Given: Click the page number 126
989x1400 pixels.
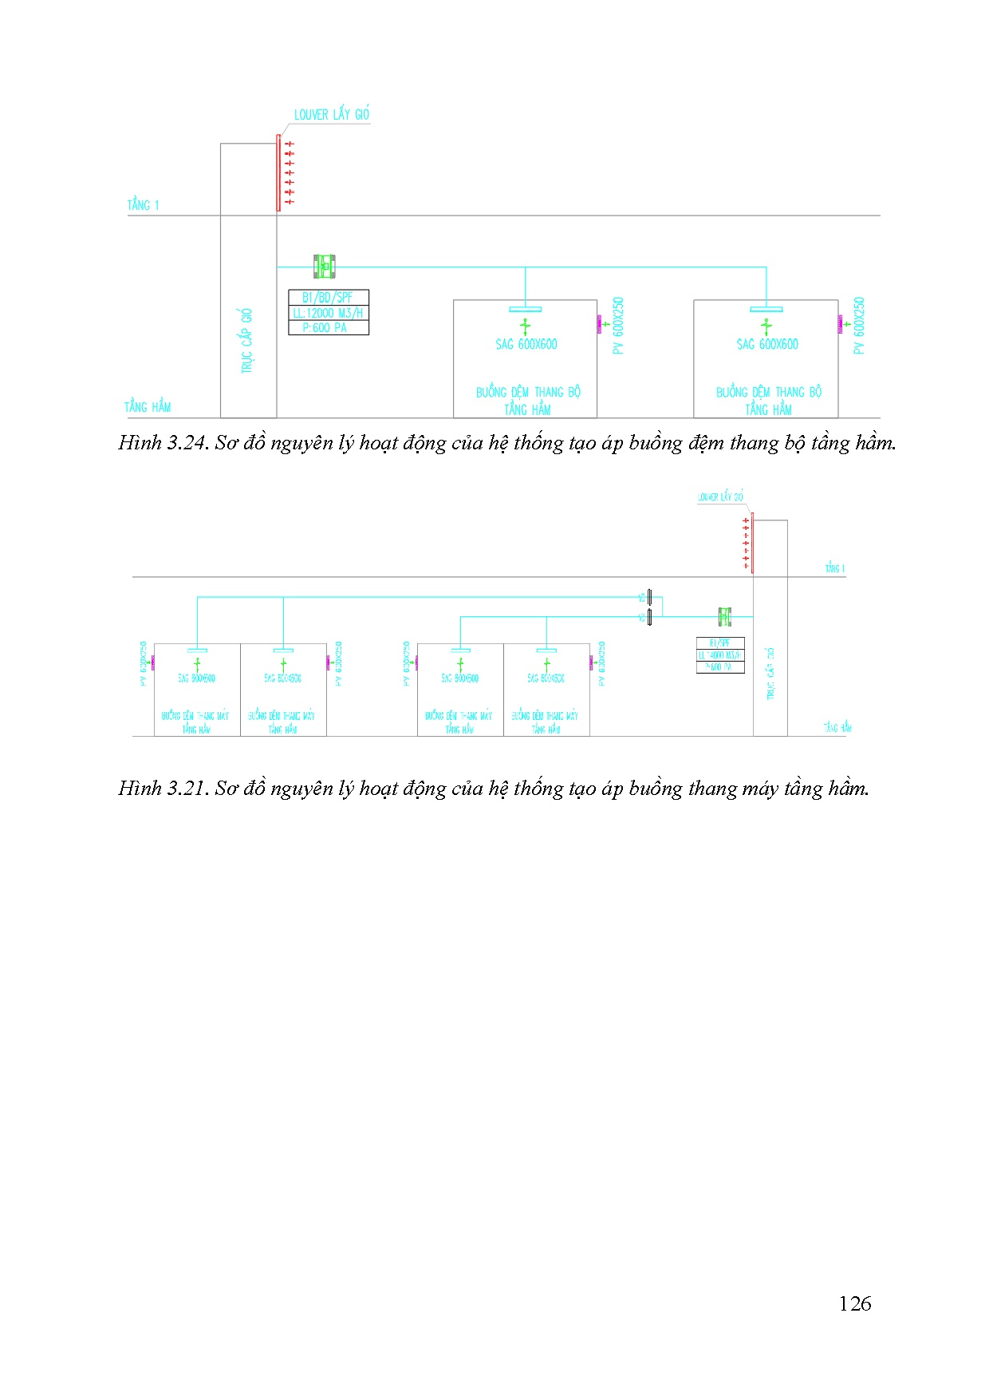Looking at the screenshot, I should click(854, 1303).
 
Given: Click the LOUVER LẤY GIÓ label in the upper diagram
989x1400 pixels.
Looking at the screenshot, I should click(331, 115).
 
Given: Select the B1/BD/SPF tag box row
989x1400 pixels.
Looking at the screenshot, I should click(328, 298).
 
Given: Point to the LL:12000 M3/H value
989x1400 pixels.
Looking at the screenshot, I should click(328, 313).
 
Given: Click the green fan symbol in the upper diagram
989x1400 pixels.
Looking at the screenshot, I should click(324, 266).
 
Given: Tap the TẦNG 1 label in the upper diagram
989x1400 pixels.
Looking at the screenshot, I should click(144, 205).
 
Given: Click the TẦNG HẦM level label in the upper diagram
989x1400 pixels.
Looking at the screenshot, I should click(148, 407).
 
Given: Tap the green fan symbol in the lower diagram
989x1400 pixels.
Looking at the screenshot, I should click(724, 616).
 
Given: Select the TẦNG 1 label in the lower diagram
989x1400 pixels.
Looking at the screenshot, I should click(835, 568).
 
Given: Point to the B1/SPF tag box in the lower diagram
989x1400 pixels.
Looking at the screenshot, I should click(720, 643).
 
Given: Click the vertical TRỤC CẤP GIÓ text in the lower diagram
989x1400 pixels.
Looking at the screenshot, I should click(770, 674).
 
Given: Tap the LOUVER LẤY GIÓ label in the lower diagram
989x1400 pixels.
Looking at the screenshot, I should click(720, 497).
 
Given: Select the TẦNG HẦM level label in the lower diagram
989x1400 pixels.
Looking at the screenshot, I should click(837, 727).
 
